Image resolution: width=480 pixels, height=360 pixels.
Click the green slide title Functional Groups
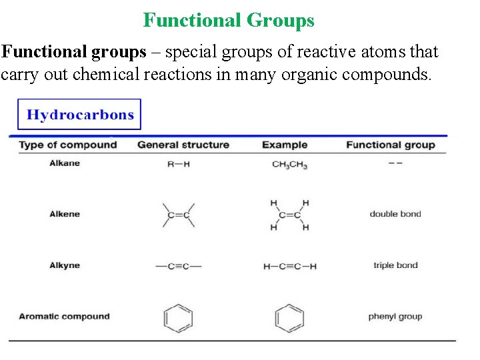coord(229,21)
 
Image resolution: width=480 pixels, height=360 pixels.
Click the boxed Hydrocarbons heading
coord(80,115)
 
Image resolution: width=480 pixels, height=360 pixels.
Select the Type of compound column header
coord(67,145)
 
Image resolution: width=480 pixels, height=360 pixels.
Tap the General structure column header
coord(183,145)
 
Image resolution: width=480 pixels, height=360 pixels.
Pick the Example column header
coord(285,145)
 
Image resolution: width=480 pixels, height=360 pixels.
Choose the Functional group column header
coord(391,145)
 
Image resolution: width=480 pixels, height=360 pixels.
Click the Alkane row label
coord(65,163)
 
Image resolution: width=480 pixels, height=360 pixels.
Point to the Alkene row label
coord(65,214)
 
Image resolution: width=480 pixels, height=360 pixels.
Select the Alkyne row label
coord(65,265)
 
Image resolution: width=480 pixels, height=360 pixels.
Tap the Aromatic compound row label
coord(64,317)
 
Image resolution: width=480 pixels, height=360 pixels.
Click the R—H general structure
coord(178,164)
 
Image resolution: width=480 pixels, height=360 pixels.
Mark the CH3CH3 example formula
coord(289,165)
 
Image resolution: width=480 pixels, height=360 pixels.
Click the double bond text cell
coord(395,214)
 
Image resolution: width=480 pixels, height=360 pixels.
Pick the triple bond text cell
coord(395,265)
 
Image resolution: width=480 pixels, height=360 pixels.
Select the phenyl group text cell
coord(395,317)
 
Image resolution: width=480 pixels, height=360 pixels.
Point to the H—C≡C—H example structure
coord(290,267)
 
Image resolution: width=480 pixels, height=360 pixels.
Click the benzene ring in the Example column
coord(289,318)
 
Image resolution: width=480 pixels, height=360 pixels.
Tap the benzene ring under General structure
coord(178,318)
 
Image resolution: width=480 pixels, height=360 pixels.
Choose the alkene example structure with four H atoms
coord(289,215)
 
